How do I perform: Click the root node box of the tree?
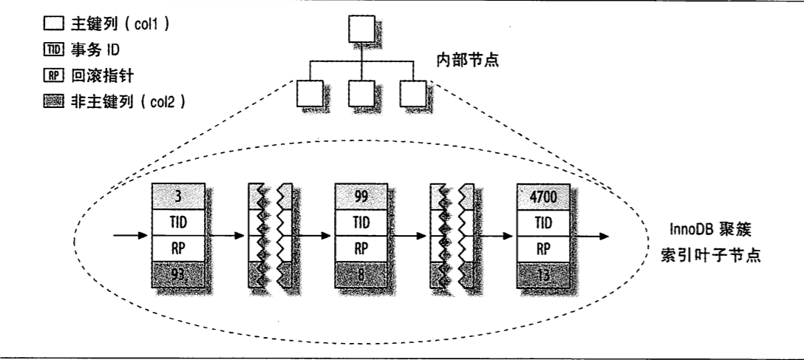pyautogui.click(x=361, y=29)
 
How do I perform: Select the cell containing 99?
pyautogui.click(x=361, y=195)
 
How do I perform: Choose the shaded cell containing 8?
pyautogui.click(x=361, y=275)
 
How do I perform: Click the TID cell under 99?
pyautogui.click(x=361, y=221)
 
